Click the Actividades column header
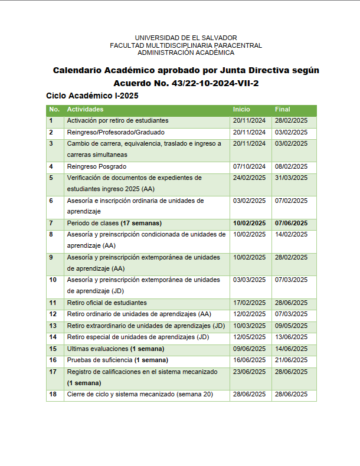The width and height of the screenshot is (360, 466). pyautogui.click(x=85, y=109)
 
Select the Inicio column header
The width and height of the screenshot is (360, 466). pyautogui.click(x=241, y=109)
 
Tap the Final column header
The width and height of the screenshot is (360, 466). pyautogui.click(x=282, y=109)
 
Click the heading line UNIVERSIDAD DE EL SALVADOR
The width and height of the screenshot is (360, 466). pyautogui.click(x=186, y=38)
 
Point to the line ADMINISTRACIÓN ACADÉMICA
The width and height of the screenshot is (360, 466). pyautogui.click(x=186, y=52)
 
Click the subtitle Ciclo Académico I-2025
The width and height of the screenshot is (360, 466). pyautogui.click(x=92, y=95)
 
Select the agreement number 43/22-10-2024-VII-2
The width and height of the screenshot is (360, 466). pyautogui.click(x=215, y=83)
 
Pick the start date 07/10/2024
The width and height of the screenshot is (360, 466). pyautogui.click(x=249, y=166)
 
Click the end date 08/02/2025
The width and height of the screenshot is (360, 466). pyautogui.click(x=291, y=166)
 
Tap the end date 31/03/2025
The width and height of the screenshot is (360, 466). pyautogui.click(x=291, y=178)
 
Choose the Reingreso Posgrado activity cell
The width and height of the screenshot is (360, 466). pyautogui.click(x=96, y=166)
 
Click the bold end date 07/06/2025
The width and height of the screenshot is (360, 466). pyautogui.click(x=291, y=223)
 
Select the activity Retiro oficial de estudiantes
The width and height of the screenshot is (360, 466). pyautogui.click(x=107, y=303)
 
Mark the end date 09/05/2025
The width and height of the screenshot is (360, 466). pyautogui.click(x=291, y=326)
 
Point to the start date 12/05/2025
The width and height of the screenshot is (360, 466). pyautogui.click(x=249, y=337)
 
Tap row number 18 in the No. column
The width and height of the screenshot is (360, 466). pyautogui.click(x=53, y=394)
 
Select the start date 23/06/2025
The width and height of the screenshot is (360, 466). pyautogui.click(x=249, y=372)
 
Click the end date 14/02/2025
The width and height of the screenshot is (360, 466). pyautogui.click(x=291, y=234)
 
